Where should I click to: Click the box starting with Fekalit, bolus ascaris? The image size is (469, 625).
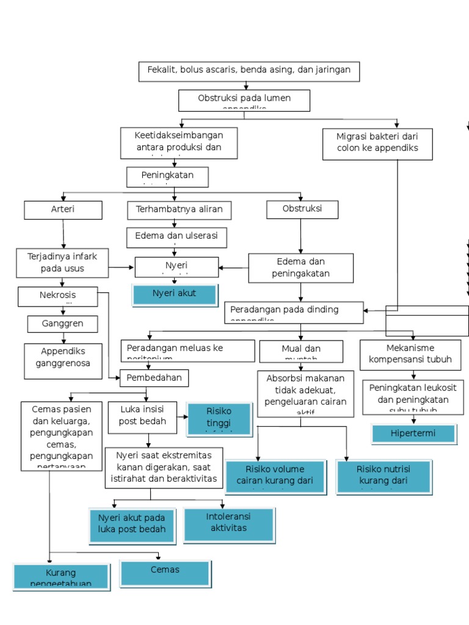pyautogui.click(x=249, y=71)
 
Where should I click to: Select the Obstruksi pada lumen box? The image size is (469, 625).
pyautogui.click(x=244, y=100)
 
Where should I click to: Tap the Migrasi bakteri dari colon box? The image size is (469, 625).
pyautogui.click(x=377, y=143)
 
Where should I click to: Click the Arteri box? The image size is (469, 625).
pyautogui.click(x=62, y=210)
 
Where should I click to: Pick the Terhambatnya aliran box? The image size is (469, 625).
pyautogui.click(x=175, y=210)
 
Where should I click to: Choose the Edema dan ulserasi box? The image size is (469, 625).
pyautogui.click(x=176, y=237)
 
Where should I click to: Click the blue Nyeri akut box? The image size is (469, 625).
pyautogui.click(x=175, y=294)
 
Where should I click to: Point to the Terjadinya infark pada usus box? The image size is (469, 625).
pyautogui.click(x=62, y=262)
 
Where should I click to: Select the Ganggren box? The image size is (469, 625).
pyautogui.click(x=62, y=323)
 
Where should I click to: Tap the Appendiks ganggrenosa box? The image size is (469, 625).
pyautogui.click(x=64, y=360)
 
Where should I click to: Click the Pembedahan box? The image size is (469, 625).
pyautogui.click(x=154, y=378)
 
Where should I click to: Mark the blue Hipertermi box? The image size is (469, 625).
pyautogui.click(x=414, y=434)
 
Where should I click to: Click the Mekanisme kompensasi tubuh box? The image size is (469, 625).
pyautogui.click(x=414, y=355)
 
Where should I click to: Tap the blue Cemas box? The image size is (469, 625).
pyautogui.click(x=165, y=573)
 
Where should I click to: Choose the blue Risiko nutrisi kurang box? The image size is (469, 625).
pyautogui.click(x=384, y=477)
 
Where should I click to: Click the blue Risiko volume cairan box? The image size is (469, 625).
pyautogui.click(x=275, y=477)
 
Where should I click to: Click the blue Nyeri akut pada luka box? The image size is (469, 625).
pyautogui.click(x=132, y=525)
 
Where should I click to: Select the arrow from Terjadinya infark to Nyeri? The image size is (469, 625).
pyautogui.click(x=122, y=267)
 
